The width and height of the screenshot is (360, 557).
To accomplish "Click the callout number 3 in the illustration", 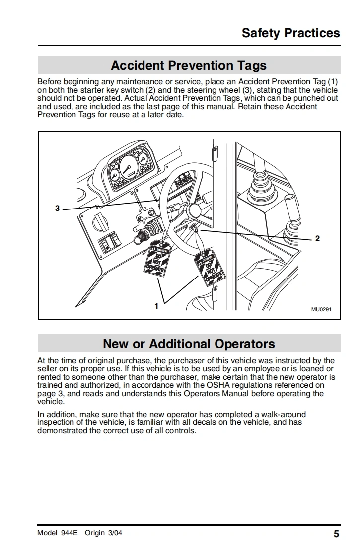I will pos(58,209).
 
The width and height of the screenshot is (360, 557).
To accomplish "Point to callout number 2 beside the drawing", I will pos(317,239).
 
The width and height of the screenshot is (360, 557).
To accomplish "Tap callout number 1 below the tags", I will pos(156,306).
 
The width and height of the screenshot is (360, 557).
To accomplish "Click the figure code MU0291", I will pos(321,309).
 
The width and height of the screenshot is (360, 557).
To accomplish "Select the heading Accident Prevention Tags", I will pos(189,66).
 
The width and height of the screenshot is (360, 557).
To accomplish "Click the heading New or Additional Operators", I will pos(189,344).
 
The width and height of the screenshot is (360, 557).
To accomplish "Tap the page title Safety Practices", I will pos(290,33).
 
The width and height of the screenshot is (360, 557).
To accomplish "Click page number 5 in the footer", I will pos(336,534).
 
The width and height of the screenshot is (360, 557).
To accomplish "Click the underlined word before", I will pos(263,394).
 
